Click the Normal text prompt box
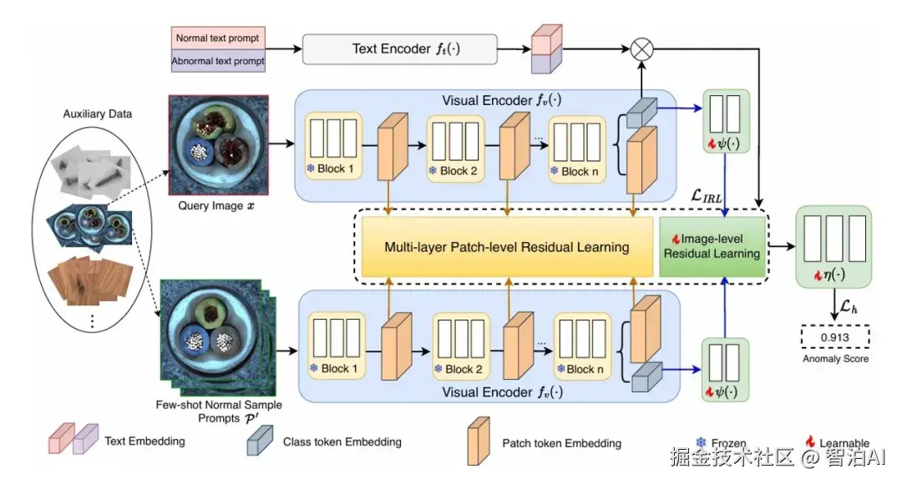tap(217, 38)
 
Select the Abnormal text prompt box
tap(217, 61)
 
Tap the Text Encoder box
tap(399, 49)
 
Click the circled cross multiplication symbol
tap(641, 48)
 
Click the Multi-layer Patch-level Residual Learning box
tap(506, 247)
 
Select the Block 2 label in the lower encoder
tap(459, 369)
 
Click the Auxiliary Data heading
tap(92, 113)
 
